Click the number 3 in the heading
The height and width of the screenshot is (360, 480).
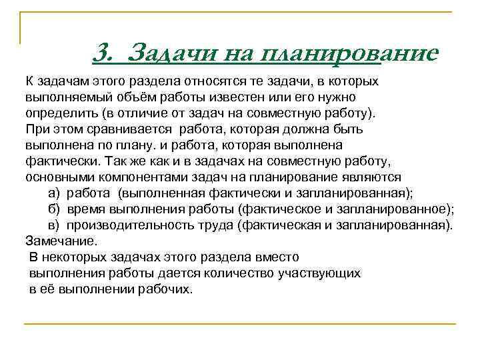(x=103, y=51)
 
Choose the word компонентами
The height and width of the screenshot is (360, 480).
(x=127, y=177)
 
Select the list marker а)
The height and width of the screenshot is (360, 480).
(x=55, y=193)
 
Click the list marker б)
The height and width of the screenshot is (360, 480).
(x=55, y=209)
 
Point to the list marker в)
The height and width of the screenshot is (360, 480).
(x=55, y=225)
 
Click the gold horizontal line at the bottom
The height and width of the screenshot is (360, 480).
(x=240, y=324)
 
